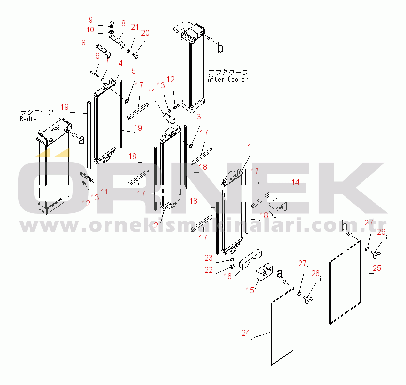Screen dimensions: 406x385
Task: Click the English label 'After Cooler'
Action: (227, 79)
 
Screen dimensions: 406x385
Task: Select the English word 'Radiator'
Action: (33, 119)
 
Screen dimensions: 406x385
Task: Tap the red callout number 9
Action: (90, 20)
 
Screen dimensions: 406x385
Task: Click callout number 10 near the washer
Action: (90, 30)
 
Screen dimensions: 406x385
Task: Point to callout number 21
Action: (135, 27)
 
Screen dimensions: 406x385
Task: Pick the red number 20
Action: (145, 33)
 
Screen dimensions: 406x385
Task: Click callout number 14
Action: (296, 182)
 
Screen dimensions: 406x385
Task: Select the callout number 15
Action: (250, 290)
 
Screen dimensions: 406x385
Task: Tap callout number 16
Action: (227, 276)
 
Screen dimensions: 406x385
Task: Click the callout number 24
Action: (246, 333)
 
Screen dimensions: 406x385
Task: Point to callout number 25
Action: (377, 268)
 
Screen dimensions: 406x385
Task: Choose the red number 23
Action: (209, 258)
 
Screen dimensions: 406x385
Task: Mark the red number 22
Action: (209, 270)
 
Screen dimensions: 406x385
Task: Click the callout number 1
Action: (249, 147)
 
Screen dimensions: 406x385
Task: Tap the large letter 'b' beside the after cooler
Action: (220, 48)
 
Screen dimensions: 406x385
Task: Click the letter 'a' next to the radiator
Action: (82, 140)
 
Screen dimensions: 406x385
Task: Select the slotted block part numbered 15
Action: (264, 271)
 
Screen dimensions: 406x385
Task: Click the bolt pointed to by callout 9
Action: (112, 24)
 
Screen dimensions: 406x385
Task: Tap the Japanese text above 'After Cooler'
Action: (228, 72)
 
